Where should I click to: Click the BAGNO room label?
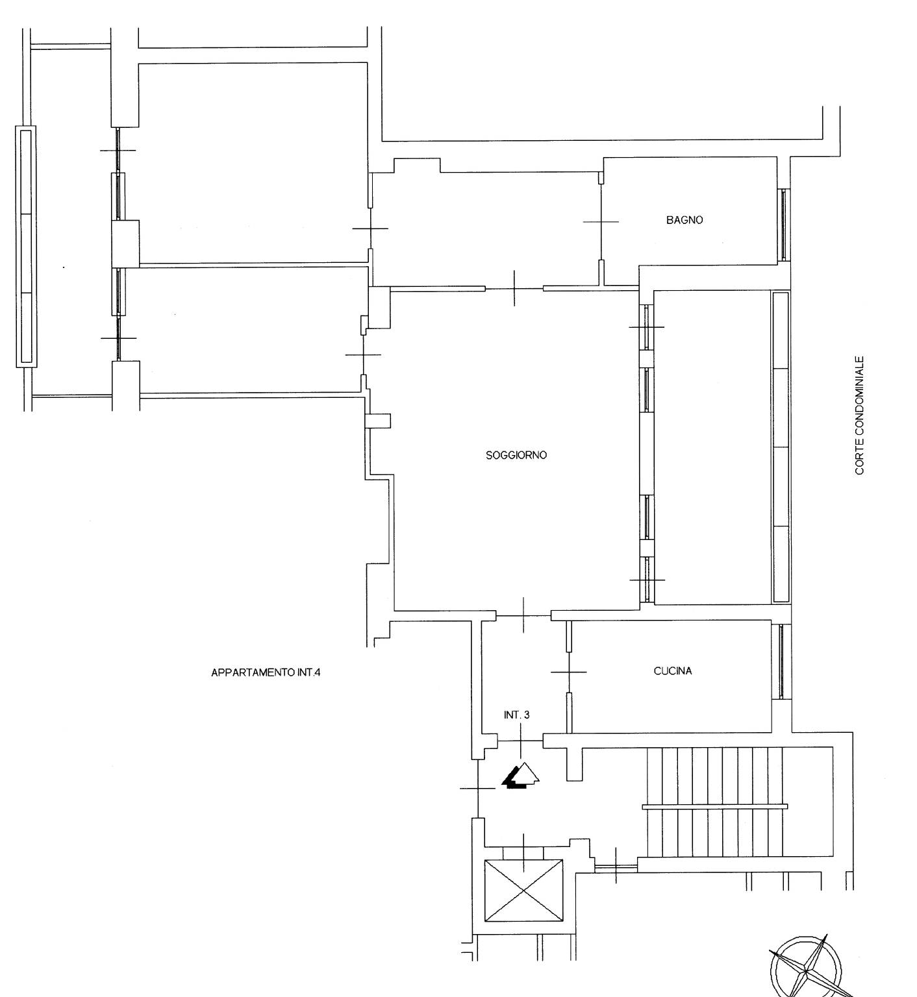pyautogui.click(x=684, y=220)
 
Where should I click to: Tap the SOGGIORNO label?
pyautogui.click(x=516, y=455)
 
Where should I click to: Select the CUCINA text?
pyautogui.click(x=672, y=671)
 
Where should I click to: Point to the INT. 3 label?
pyautogui.click(x=516, y=715)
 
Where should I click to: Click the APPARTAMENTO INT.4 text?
pyautogui.click(x=266, y=672)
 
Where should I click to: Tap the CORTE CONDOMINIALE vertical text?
pyautogui.click(x=859, y=415)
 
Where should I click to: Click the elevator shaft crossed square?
pyautogui.click(x=524, y=891)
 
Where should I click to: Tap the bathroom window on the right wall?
pyautogui.click(x=784, y=225)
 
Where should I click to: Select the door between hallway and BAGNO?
pyautogui.click(x=601, y=222)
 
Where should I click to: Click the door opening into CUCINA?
pyautogui.click(x=569, y=672)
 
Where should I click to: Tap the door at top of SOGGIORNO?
pyautogui.click(x=514, y=288)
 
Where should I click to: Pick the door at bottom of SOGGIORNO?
pyautogui.click(x=523, y=614)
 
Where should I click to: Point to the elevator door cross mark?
pyautogui.click(x=524, y=848)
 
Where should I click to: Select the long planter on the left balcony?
pyautogui.click(x=25, y=247)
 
